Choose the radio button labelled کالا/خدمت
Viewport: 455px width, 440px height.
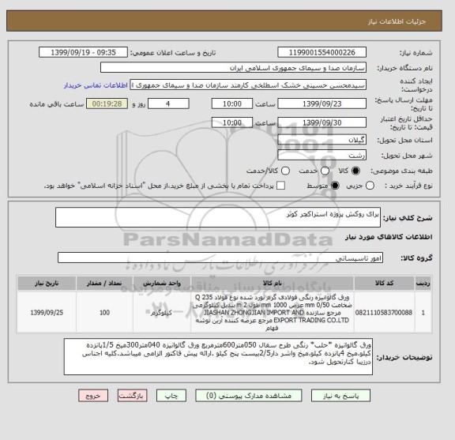(x=246, y=170)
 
